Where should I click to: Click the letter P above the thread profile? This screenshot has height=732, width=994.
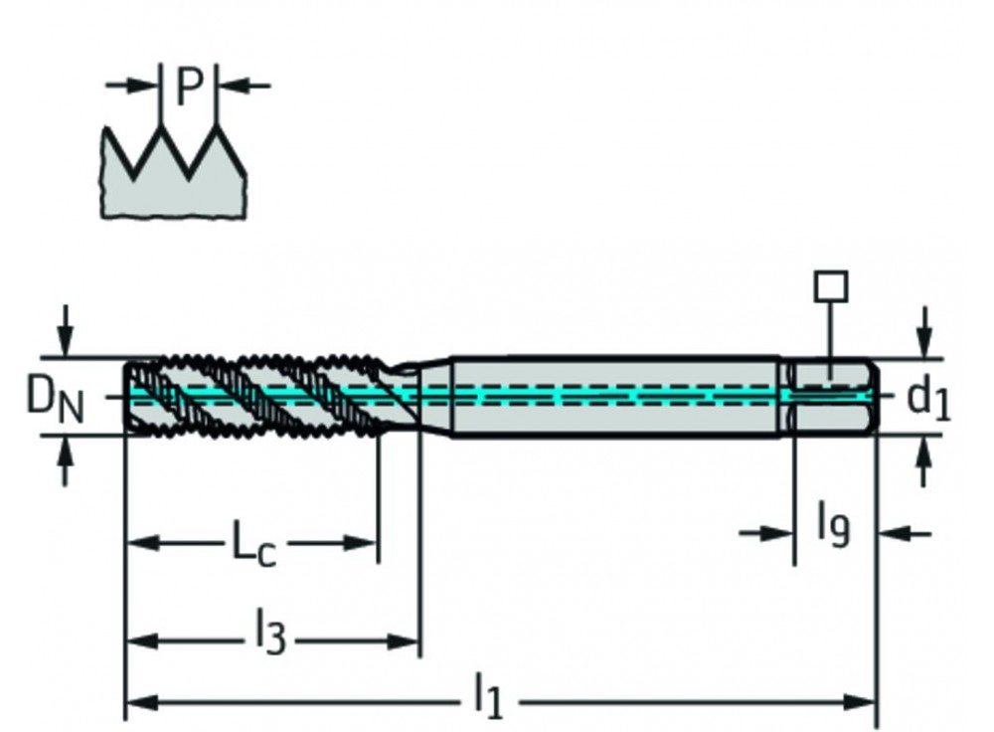189,88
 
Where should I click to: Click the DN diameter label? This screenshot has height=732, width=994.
55,399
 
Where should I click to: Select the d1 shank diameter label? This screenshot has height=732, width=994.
928,399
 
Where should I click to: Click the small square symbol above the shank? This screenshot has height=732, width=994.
830,286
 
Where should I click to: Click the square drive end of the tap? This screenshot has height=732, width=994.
833,396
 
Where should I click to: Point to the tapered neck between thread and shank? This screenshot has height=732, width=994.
417,396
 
